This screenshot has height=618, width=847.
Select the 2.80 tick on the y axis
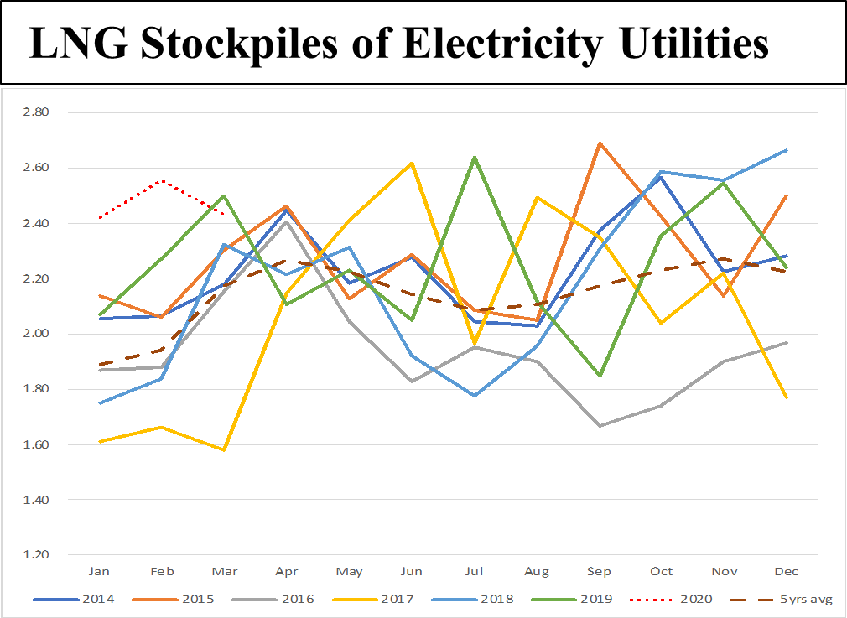pos(34,112)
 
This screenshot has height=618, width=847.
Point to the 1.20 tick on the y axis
pos(34,555)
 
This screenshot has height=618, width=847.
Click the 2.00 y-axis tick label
pos(34,334)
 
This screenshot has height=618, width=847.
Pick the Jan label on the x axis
pos(99,572)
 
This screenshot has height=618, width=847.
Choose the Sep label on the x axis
pos(599,572)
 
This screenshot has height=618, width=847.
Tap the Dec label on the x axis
pos(787,572)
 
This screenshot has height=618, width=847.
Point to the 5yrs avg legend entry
pos(792,599)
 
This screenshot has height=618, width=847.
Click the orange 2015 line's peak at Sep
pos(599,143)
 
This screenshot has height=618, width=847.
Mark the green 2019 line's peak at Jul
pos(474,157)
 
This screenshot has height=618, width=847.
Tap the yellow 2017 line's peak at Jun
pos(411,163)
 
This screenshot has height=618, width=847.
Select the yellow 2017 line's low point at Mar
pos(224,450)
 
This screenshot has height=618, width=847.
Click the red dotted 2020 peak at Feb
pos(162,181)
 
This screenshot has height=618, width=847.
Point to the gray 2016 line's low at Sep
pos(599,426)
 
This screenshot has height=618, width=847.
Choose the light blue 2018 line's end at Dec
pos(787,150)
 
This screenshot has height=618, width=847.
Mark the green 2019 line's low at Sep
pos(599,376)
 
